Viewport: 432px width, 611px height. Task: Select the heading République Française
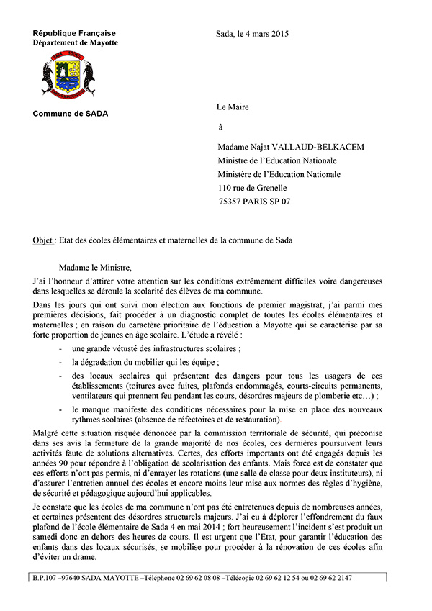73,33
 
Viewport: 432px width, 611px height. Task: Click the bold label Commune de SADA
70,114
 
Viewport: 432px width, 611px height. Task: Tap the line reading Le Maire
233,107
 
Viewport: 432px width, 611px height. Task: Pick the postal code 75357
232,202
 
